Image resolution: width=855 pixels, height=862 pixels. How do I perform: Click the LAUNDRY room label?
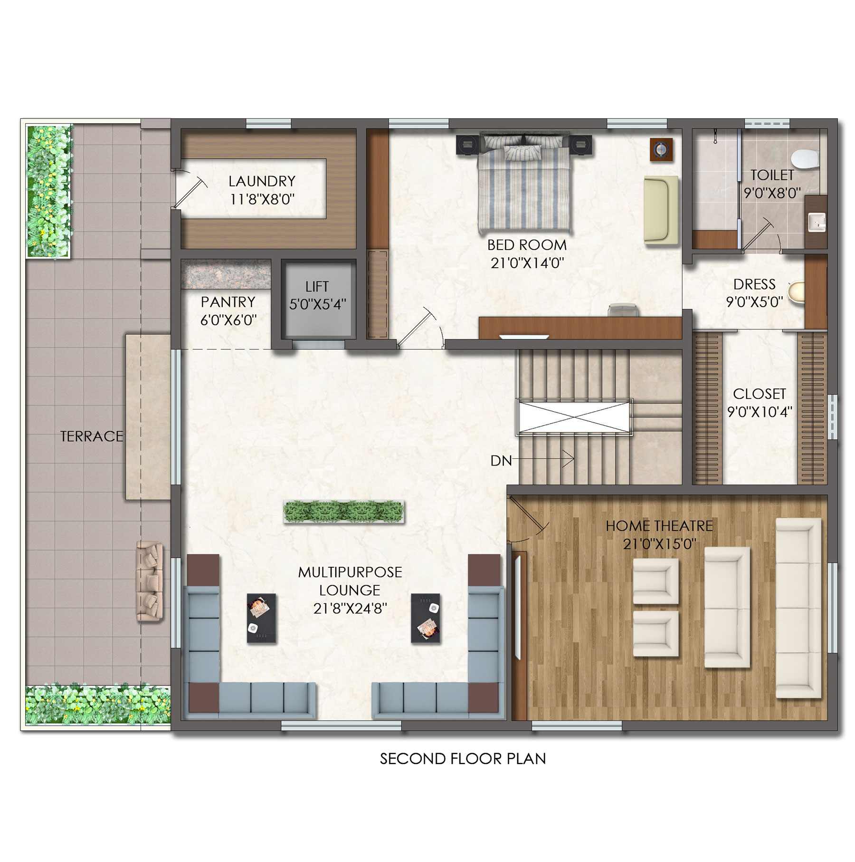262,181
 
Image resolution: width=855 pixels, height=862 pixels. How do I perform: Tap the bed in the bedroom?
524,183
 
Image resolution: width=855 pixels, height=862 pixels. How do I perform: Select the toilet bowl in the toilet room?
806,159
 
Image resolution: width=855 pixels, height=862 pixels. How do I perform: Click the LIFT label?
317,287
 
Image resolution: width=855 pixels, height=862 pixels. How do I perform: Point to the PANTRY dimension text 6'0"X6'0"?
228,320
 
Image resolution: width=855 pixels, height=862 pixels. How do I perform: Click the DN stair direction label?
501,460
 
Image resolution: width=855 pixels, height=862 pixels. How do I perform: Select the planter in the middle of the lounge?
344,512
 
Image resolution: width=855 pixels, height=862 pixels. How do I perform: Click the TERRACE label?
92,436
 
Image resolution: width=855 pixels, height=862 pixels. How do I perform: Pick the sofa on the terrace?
150,581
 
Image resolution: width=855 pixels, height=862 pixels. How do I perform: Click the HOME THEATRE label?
659,526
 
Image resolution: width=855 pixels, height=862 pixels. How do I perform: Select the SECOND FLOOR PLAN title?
463,758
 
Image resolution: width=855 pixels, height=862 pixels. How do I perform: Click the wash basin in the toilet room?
817,222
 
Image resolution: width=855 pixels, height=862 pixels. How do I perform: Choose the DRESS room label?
754,284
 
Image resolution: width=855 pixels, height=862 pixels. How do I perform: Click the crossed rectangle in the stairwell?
574,417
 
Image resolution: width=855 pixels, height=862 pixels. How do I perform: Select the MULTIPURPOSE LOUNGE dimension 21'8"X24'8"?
350,608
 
